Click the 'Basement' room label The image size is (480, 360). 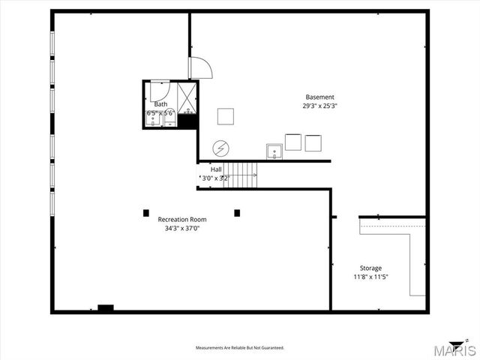click(x=320, y=97)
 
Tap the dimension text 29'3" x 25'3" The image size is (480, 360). click(x=320, y=106)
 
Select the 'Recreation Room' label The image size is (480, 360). click(x=182, y=219)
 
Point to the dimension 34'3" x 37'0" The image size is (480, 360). click(x=182, y=228)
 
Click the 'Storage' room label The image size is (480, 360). click(x=370, y=268)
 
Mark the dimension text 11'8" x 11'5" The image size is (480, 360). click(x=370, y=277)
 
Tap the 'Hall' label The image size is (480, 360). click(x=216, y=169)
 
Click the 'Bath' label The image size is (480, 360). click(x=160, y=104)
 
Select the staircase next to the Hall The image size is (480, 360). click(x=241, y=175)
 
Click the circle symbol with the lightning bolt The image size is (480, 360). click(x=220, y=147)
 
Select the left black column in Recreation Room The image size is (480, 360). click(x=146, y=213)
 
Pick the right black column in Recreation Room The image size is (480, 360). click(x=237, y=213)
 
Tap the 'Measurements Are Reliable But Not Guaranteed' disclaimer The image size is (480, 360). click(x=240, y=348)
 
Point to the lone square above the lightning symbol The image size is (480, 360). click(x=226, y=116)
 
